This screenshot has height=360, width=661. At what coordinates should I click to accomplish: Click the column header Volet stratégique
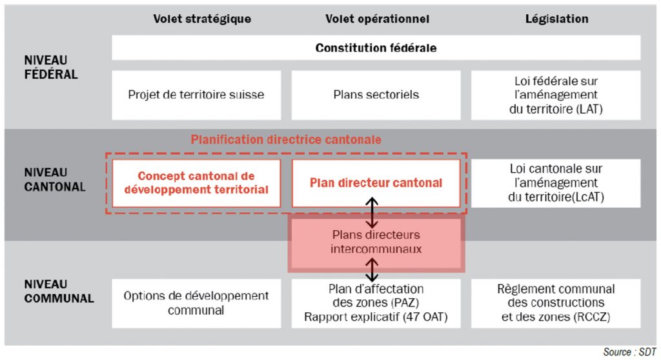tap(202, 19)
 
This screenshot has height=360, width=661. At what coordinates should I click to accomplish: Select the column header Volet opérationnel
tap(377, 19)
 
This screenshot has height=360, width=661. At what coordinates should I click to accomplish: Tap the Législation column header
tap(556, 19)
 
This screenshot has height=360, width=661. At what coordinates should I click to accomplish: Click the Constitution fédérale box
tap(376, 48)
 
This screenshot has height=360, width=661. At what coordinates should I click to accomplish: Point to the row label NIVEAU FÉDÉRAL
tap(50, 67)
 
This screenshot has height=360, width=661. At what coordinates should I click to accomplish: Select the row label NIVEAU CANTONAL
tap(54, 179)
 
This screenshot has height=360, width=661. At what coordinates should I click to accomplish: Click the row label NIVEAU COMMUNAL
tap(59, 291)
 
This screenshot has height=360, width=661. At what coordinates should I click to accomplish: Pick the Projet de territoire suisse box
tap(196, 95)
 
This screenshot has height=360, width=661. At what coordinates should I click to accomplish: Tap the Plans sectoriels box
tap(376, 95)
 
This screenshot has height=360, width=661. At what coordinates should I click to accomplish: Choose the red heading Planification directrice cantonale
tap(286, 139)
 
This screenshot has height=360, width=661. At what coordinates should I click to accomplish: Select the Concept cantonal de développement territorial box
tap(196, 183)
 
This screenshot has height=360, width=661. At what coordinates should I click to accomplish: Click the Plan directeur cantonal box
tap(376, 183)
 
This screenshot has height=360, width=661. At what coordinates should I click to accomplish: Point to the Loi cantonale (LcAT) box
tap(556, 183)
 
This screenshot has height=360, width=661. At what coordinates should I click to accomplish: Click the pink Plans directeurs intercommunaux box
tap(376, 242)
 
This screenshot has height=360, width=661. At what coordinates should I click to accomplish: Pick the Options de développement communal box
tap(196, 303)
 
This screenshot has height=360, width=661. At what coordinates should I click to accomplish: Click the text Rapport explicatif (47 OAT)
tap(376, 317)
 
